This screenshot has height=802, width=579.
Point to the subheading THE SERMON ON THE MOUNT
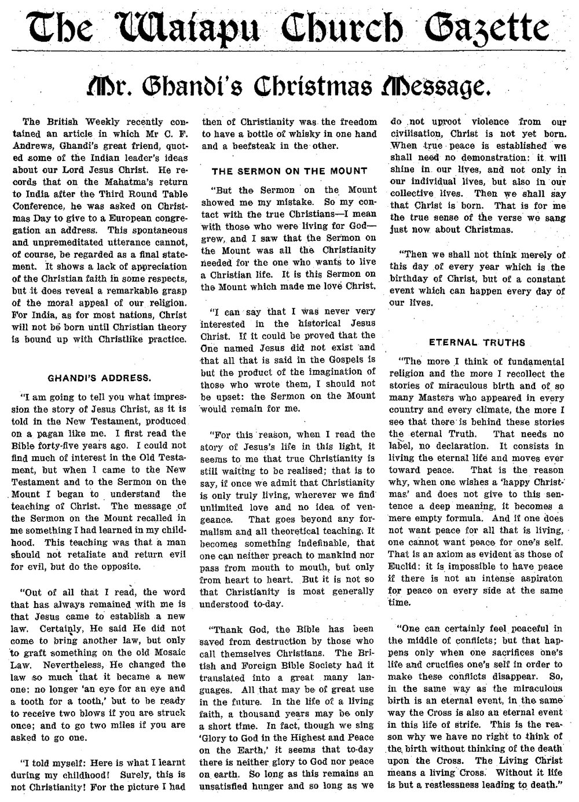pyautogui.click(x=281, y=171)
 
